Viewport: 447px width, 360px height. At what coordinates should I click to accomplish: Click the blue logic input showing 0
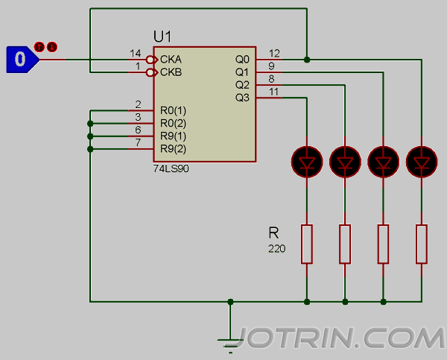21,59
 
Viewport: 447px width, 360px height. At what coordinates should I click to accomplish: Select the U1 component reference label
162,37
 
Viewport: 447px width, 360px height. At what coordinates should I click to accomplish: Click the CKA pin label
171,59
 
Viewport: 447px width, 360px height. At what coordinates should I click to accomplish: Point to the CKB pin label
171,72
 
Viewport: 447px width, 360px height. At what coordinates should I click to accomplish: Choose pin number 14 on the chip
135,53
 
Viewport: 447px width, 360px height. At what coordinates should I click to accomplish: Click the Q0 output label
242,59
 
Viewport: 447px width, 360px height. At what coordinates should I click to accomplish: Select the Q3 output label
242,98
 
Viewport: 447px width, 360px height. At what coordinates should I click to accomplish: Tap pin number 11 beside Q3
273,92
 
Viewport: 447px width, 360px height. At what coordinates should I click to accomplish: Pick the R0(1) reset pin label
174,110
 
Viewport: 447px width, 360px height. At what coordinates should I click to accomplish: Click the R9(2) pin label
174,149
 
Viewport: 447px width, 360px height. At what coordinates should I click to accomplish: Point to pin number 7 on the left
138,142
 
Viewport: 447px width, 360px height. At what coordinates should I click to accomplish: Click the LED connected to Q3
306,160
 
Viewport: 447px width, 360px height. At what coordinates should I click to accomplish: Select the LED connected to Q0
422,160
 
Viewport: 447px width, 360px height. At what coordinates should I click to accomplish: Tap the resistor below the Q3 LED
306,243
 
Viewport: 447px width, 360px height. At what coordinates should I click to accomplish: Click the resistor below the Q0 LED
422,243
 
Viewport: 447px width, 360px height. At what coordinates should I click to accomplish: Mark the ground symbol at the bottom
230,341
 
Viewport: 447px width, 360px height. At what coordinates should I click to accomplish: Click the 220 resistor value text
276,248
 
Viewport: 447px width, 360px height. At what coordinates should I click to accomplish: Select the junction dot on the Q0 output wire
306,59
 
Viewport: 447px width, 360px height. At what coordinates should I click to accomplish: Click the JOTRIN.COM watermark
343,339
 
